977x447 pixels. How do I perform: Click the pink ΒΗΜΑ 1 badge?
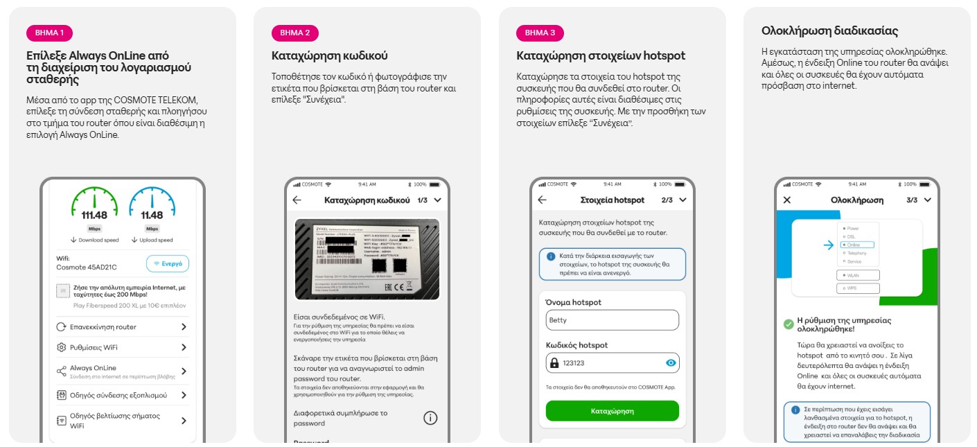click(49, 33)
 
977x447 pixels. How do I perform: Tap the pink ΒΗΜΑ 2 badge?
click(295, 33)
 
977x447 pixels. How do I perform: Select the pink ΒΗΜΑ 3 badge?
click(540, 33)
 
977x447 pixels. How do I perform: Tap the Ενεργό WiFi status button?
click(167, 264)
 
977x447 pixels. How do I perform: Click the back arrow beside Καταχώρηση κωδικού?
click(297, 200)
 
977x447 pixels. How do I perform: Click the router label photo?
click(367, 259)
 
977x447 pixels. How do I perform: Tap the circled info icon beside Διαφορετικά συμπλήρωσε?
click(430, 418)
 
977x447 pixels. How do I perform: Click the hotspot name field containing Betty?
click(612, 320)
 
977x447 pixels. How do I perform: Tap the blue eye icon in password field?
click(670, 362)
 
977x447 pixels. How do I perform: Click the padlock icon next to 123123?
click(554, 363)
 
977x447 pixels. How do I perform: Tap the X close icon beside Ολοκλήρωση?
click(786, 200)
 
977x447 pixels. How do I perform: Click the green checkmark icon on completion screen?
click(788, 324)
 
